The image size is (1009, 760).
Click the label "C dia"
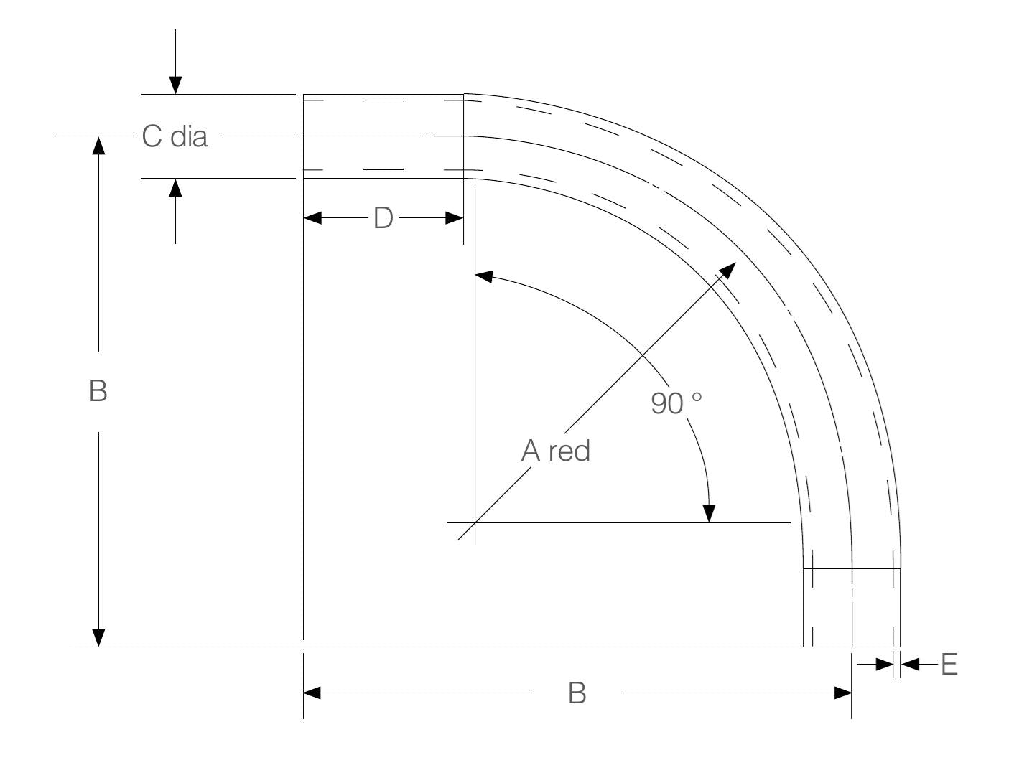[175, 136]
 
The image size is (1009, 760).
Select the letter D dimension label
[383, 217]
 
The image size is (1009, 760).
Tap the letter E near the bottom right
[949, 665]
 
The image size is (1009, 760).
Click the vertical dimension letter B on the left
[98, 391]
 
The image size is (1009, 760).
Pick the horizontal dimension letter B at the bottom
[577, 693]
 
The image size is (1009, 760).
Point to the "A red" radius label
[555, 451]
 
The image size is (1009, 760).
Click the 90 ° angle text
[676, 403]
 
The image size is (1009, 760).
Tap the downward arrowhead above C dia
[175, 85]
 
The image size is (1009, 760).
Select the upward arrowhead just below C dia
[175, 187]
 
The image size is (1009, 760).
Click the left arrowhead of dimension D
[312, 217]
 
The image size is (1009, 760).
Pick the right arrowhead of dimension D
[455, 217]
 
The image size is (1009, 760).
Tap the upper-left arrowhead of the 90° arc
[483, 276]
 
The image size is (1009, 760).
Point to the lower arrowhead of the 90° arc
[709, 513]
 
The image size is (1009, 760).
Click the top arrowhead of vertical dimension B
[98, 145]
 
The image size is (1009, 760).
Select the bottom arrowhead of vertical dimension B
[98, 637]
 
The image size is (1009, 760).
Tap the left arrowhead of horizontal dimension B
[312, 693]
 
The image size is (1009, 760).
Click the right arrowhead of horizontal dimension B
[842, 693]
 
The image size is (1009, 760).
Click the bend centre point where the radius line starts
[475, 522]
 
